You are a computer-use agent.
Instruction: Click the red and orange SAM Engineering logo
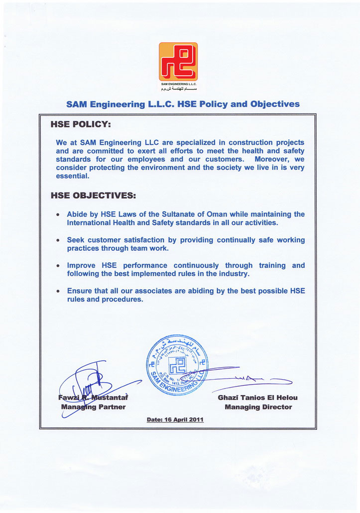[178, 62]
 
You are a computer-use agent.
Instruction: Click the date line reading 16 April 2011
[175, 419]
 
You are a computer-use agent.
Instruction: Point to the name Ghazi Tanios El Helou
[258, 398]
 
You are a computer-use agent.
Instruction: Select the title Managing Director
[258, 407]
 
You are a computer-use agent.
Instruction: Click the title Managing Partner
[93, 407]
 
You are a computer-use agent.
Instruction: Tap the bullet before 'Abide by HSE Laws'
[59, 214]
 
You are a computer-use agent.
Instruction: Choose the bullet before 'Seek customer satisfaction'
[59, 240]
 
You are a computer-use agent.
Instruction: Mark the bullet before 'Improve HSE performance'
[59, 266]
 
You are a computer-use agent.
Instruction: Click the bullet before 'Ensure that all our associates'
[59, 292]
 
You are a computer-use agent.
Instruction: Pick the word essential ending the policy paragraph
[72, 176]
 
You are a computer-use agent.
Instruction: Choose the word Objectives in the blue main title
[275, 104]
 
